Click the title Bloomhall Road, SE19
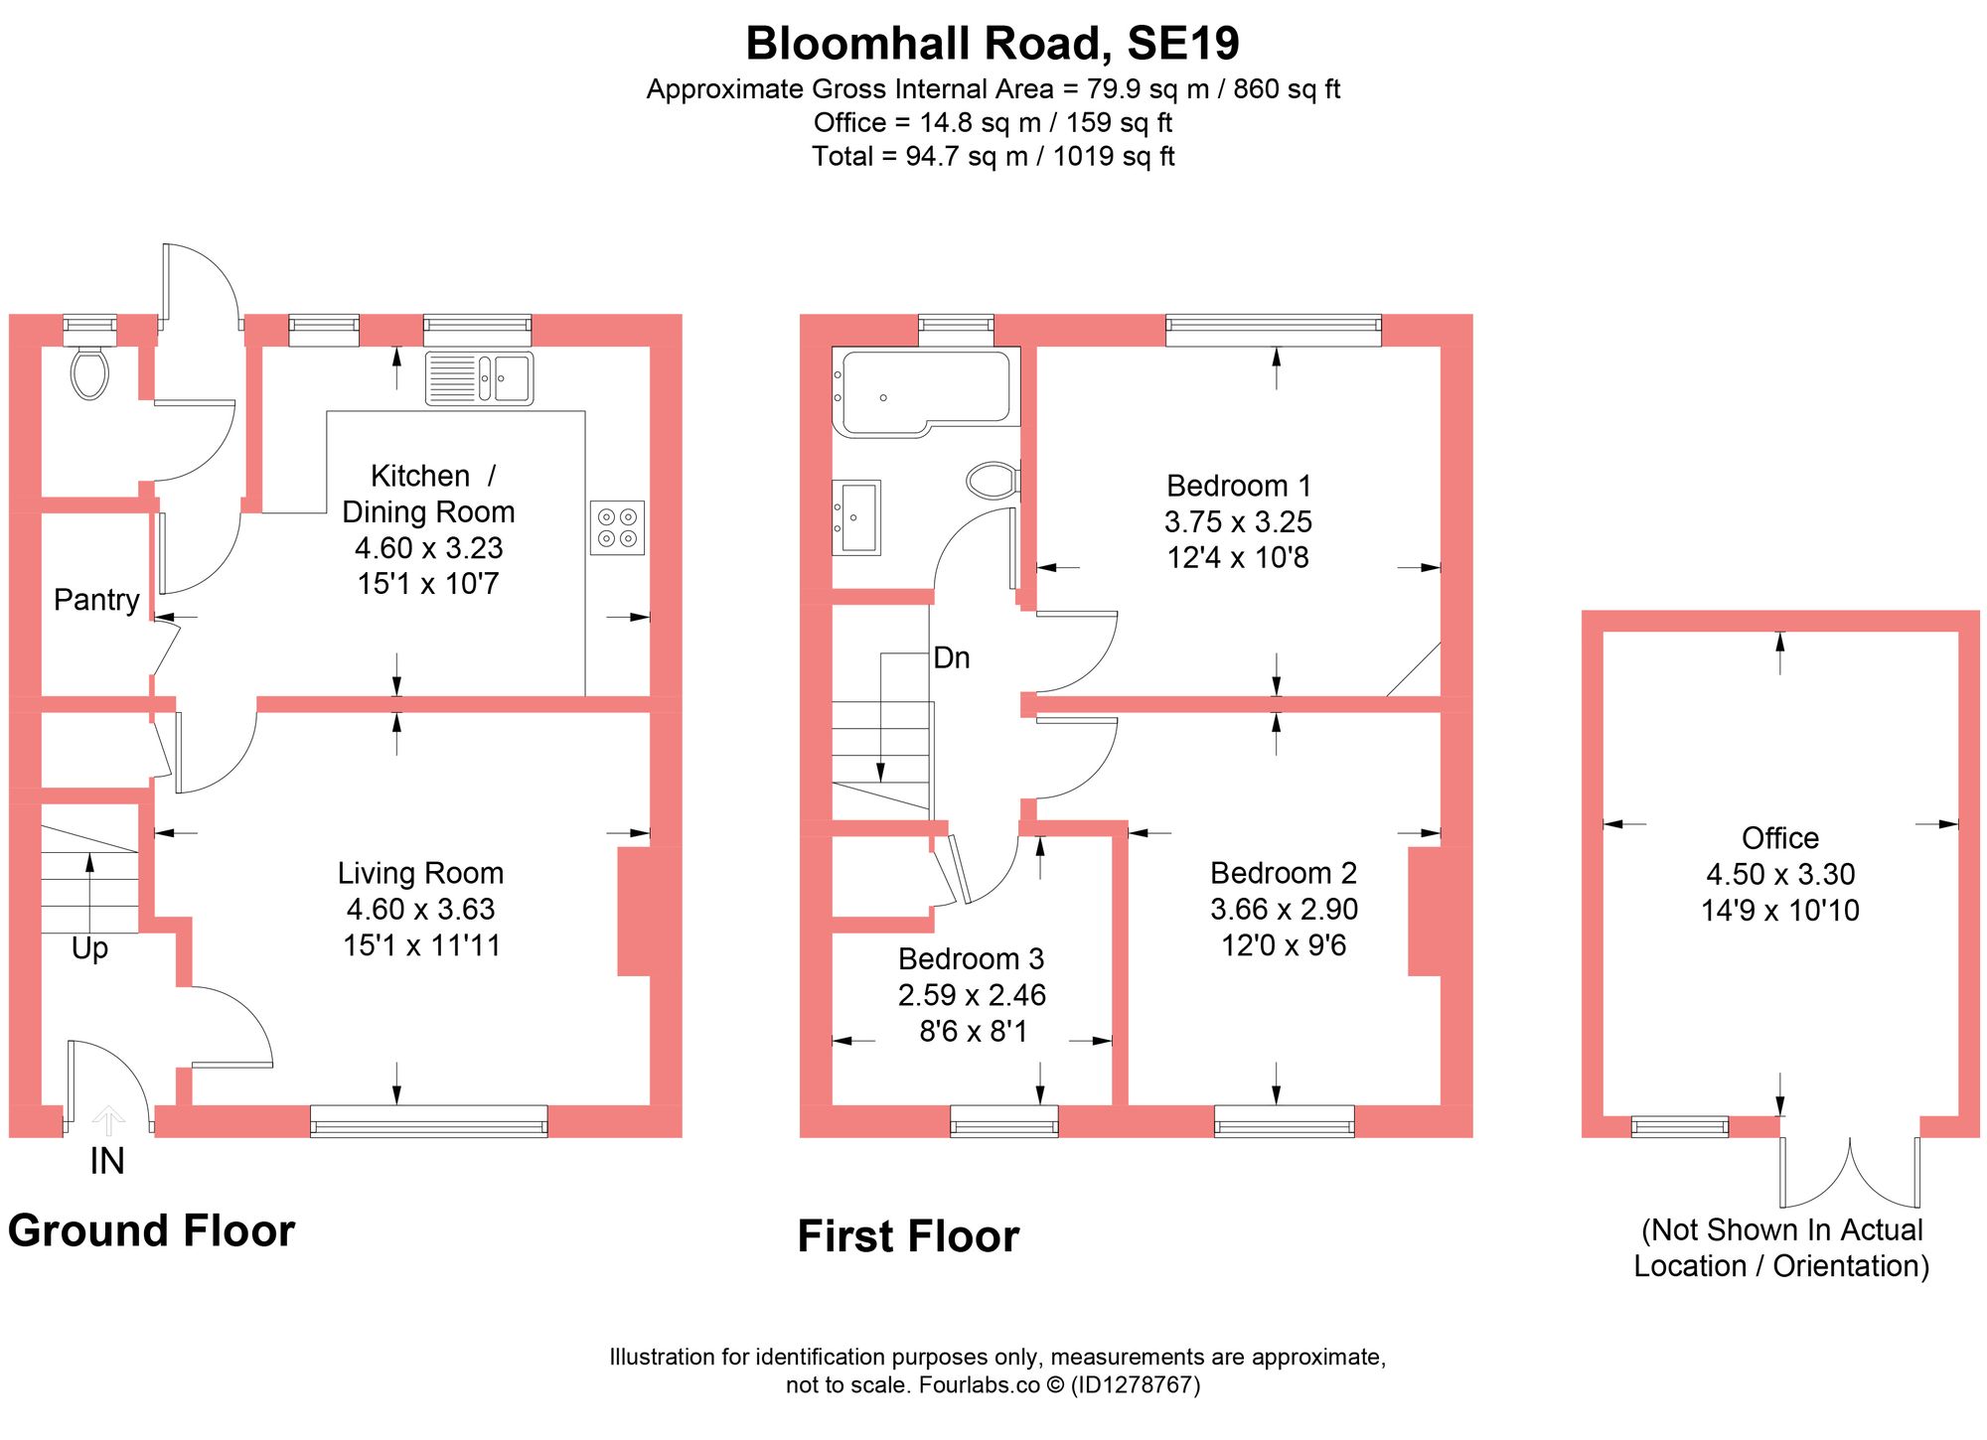[993, 44]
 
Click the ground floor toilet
[89, 372]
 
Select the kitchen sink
[480, 378]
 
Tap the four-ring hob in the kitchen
[617, 527]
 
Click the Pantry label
[96, 600]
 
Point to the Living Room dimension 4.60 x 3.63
[420, 909]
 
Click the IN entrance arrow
[108, 1121]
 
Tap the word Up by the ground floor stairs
[89, 948]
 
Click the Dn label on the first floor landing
[951, 657]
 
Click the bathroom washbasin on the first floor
[856, 517]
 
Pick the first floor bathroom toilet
[992, 481]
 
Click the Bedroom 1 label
[1238, 486]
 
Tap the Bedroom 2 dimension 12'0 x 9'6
[1283, 944]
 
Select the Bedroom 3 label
[971, 958]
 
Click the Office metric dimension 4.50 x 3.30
[1779, 874]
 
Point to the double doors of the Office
[1849, 1172]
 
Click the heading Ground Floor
[151, 1230]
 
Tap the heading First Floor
[908, 1236]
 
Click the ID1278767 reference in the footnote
[1135, 1384]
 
